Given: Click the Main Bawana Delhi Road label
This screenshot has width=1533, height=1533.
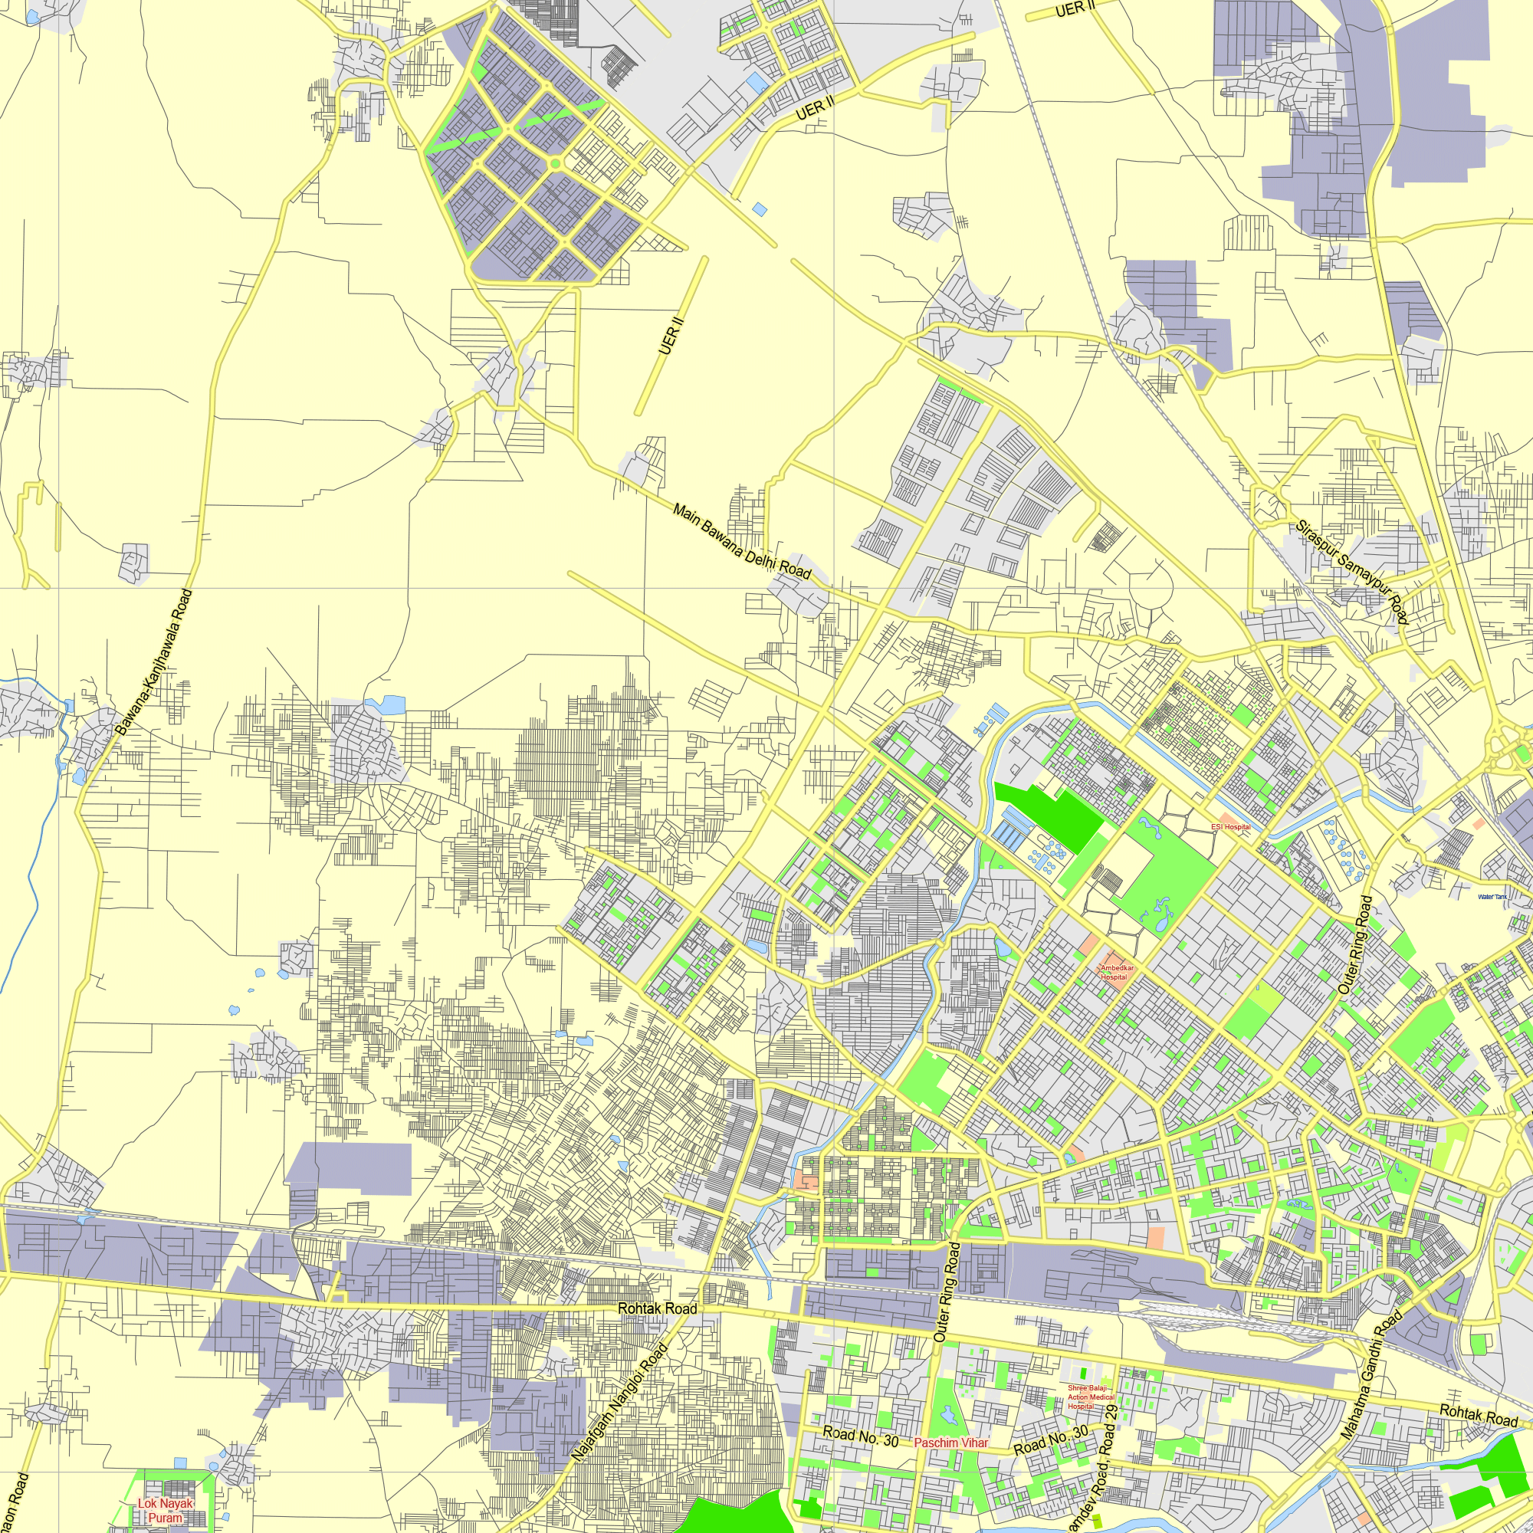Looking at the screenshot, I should tap(741, 541).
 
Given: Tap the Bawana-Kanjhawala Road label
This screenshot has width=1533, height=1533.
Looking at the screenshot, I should tap(154, 661).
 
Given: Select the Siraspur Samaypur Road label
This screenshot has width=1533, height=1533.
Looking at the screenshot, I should tap(1351, 572).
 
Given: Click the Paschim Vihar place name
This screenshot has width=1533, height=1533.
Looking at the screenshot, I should tap(950, 1443).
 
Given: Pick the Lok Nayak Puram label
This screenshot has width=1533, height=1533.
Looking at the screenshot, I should tap(165, 1511).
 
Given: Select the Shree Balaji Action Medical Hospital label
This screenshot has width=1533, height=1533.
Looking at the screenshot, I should tap(1091, 1397).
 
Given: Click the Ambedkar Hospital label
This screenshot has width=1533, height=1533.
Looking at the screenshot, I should tap(1118, 973).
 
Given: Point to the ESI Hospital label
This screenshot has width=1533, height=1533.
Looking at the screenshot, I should tap(1231, 827).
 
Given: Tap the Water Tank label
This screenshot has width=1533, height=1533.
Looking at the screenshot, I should tap(1492, 897).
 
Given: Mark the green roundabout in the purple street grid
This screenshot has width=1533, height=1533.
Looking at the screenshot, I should tap(556, 163).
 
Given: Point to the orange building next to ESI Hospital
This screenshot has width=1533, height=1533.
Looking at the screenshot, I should tap(1226, 816).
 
